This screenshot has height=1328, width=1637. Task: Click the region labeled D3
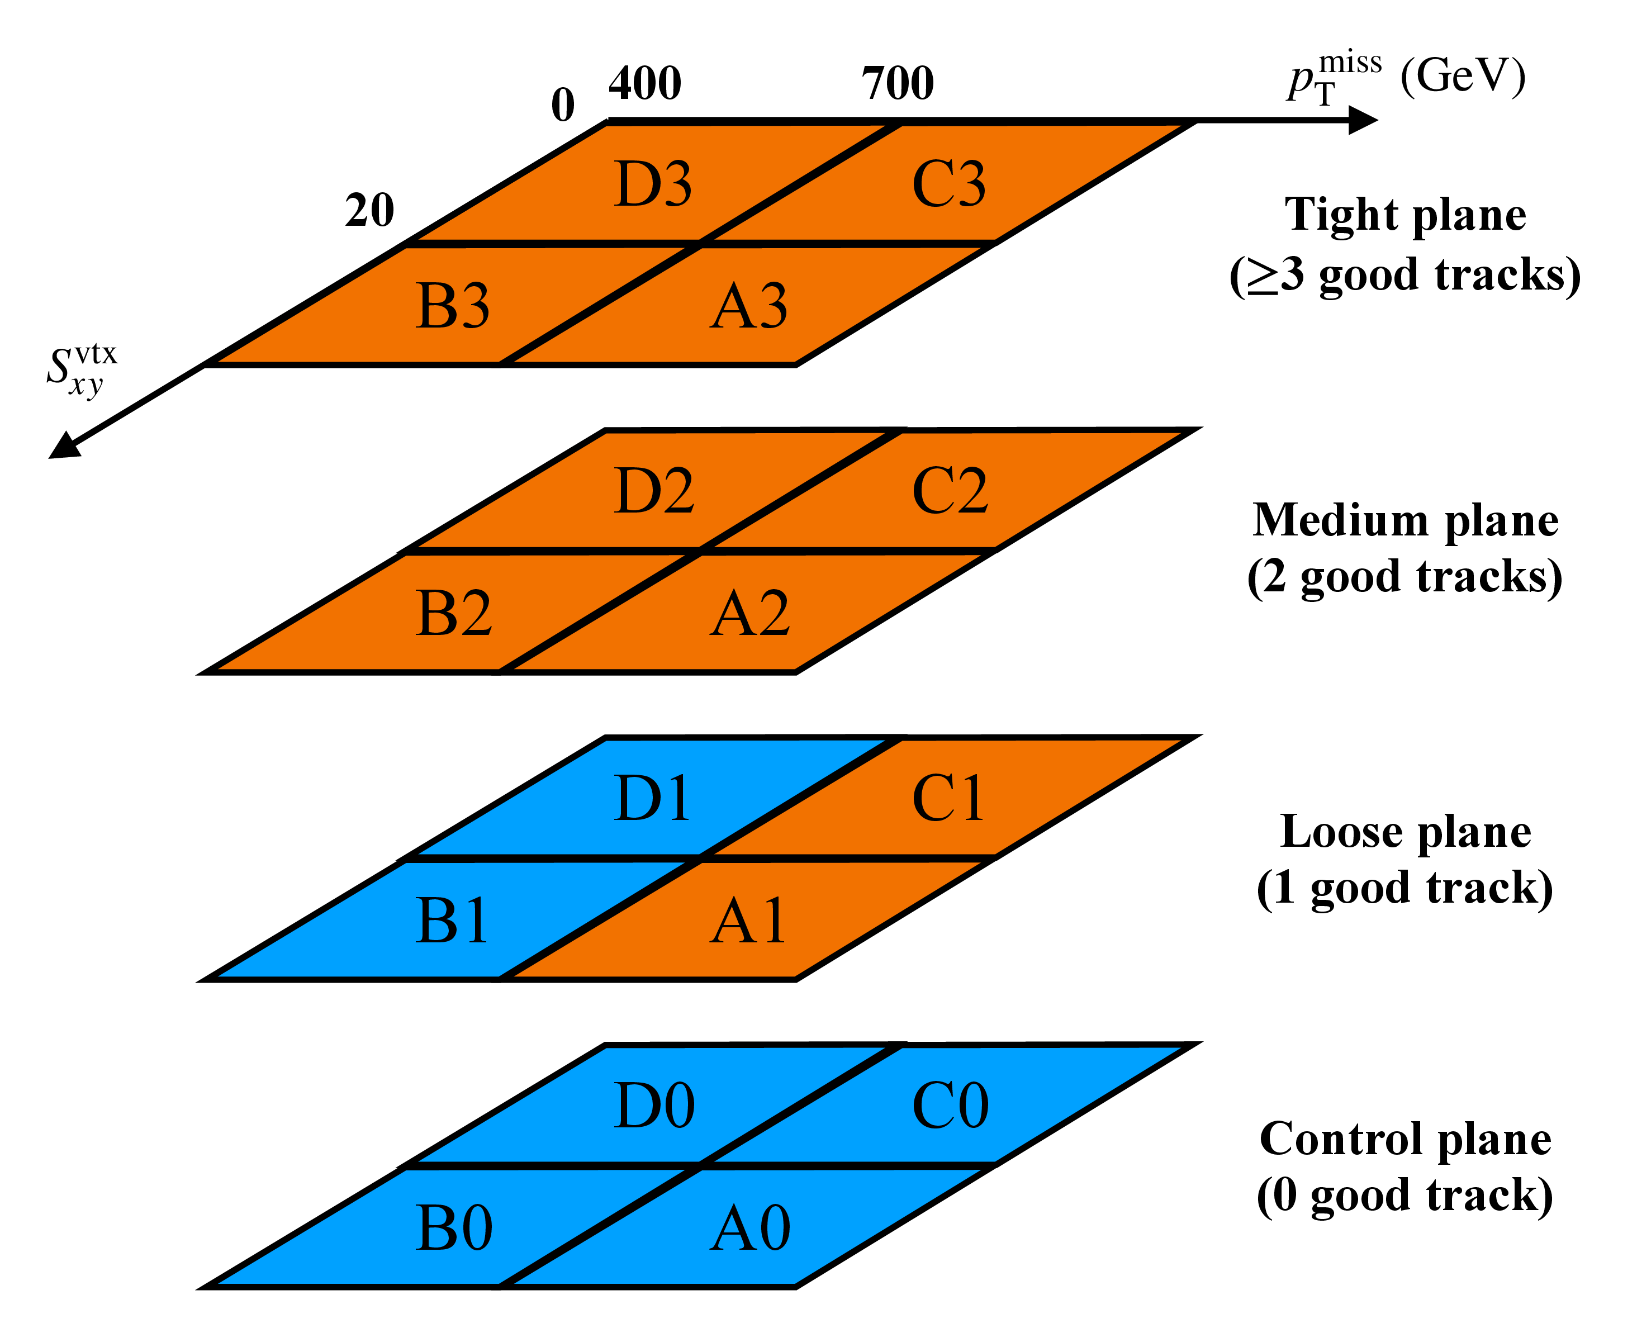(x=652, y=183)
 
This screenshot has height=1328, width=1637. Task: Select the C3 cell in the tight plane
(x=948, y=183)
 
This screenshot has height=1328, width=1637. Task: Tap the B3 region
(x=453, y=305)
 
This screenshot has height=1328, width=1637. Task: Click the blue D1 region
(x=652, y=798)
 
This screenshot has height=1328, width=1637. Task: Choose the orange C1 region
(x=948, y=798)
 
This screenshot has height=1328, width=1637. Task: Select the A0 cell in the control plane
(x=749, y=1228)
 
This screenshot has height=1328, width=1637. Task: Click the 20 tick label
(x=369, y=210)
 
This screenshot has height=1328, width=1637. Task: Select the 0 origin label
(x=563, y=105)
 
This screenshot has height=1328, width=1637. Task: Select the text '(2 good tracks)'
(x=1405, y=577)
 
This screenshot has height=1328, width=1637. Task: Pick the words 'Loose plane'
(x=1405, y=832)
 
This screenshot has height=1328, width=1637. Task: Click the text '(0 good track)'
(x=1405, y=1196)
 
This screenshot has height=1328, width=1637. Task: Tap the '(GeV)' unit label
(x=1463, y=77)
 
